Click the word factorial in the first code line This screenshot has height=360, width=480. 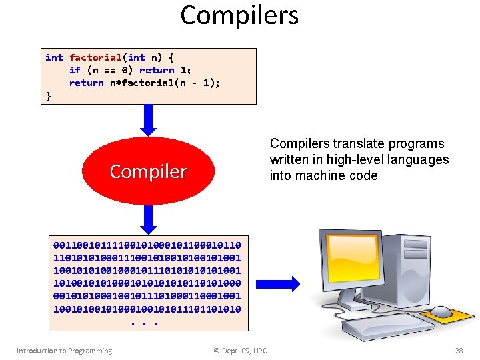point(95,58)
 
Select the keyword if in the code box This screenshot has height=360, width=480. point(75,70)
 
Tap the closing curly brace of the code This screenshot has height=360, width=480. point(48,95)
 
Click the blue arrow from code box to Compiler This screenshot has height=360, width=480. point(149,120)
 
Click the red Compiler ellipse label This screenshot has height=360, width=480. point(148,171)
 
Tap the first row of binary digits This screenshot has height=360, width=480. point(147,245)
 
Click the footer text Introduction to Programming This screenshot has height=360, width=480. point(64,351)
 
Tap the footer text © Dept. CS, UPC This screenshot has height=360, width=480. point(239,351)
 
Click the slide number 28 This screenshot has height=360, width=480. point(458,351)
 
